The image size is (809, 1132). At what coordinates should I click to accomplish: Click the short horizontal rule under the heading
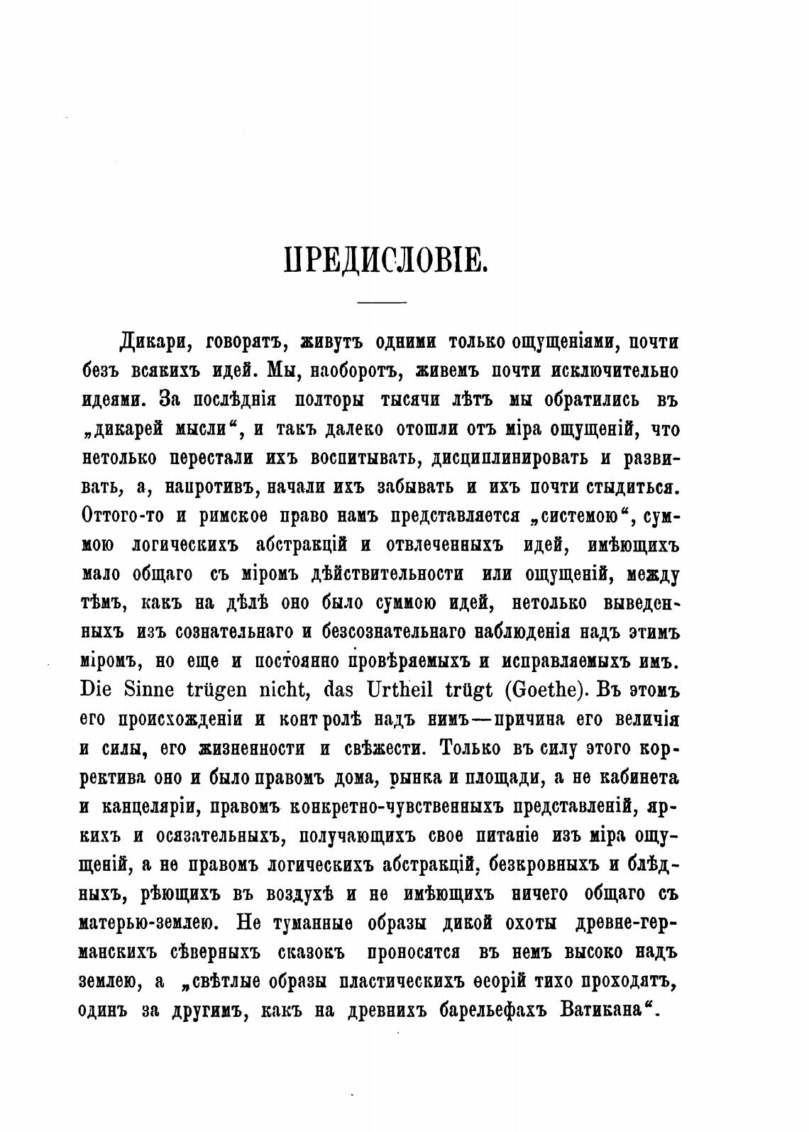381,304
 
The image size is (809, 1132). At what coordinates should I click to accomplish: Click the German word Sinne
149,690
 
